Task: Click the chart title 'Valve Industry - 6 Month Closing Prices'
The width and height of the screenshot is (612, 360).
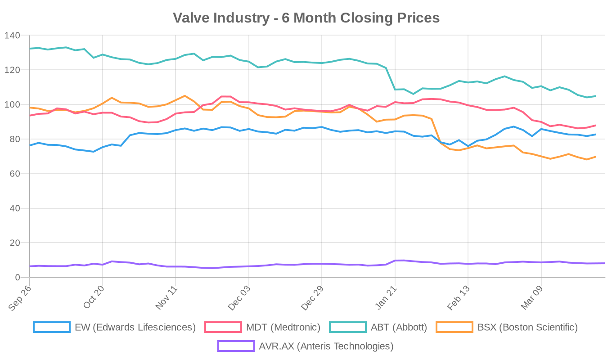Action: (x=306, y=18)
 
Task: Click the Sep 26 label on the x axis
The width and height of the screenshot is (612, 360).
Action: (x=20, y=297)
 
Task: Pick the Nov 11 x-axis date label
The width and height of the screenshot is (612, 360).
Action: (x=166, y=297)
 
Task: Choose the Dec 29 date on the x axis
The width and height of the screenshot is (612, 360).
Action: (x=312, y=297)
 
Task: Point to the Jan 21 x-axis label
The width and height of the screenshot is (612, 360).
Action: (x=385, y=297)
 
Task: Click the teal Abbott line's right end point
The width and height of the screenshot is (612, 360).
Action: (x=595, y=96)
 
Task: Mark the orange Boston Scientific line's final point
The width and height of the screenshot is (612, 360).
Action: (x=595, y=157)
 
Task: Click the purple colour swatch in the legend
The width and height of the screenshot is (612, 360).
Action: (x=236, y=346)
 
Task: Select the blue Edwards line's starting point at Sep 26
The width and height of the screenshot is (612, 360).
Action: (x=30, y=145)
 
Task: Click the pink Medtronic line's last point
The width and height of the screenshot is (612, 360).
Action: (x=595, y=125)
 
